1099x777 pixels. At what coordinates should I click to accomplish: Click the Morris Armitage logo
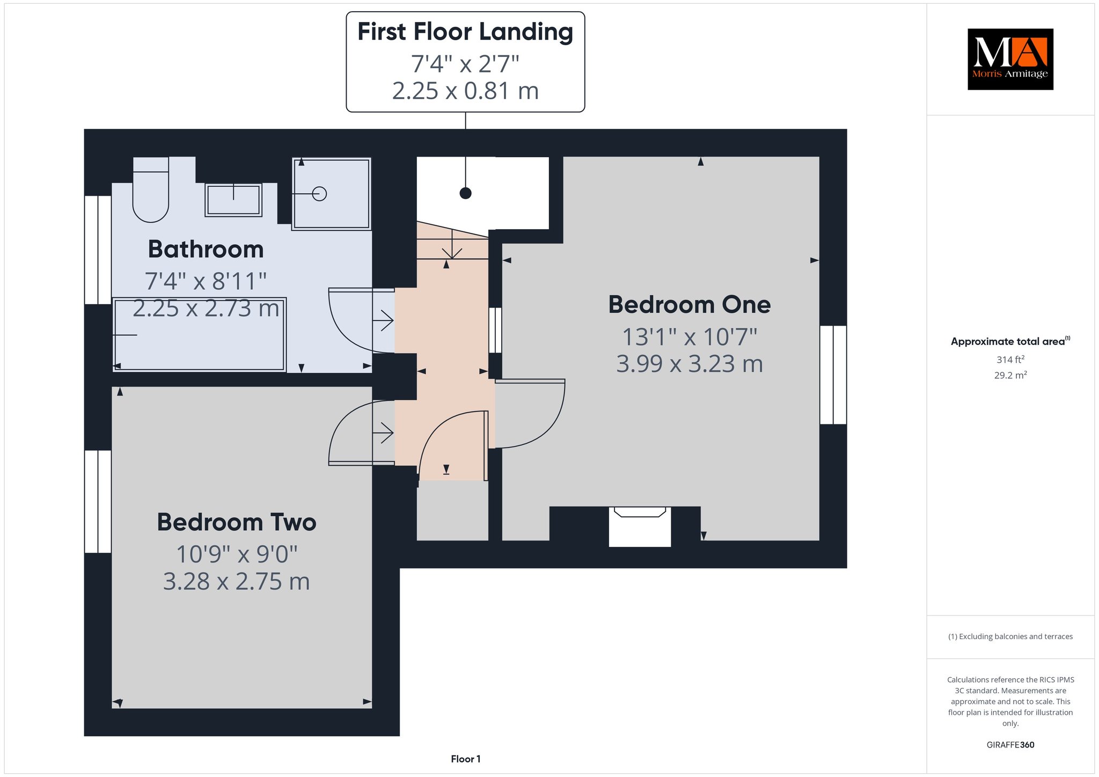point(1010,59)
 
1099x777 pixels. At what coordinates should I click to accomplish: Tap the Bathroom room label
point(206,249)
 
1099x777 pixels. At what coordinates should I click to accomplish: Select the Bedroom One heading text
point(689,304)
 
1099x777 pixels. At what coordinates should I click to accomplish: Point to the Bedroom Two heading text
point(236,522)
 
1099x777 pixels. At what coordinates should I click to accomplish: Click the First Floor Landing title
point(465,31)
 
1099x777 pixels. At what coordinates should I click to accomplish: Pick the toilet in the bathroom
point(151,189)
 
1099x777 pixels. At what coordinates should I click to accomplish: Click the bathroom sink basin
point(233,200)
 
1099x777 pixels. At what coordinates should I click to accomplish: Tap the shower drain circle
point(319,194)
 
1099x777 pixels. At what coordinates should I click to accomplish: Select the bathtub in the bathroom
point(199,334)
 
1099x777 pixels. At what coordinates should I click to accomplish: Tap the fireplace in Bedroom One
point(640,526)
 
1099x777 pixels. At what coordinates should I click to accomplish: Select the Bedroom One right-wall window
point(833,375)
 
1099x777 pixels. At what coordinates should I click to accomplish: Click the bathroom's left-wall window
point(98,250)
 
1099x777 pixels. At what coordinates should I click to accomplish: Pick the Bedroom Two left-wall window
point(98,501)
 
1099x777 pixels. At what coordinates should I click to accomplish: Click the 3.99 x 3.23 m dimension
point(690,364)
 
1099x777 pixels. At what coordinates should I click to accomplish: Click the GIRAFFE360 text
point(1010,745)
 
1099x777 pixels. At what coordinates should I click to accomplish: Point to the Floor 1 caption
point(465,759)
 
